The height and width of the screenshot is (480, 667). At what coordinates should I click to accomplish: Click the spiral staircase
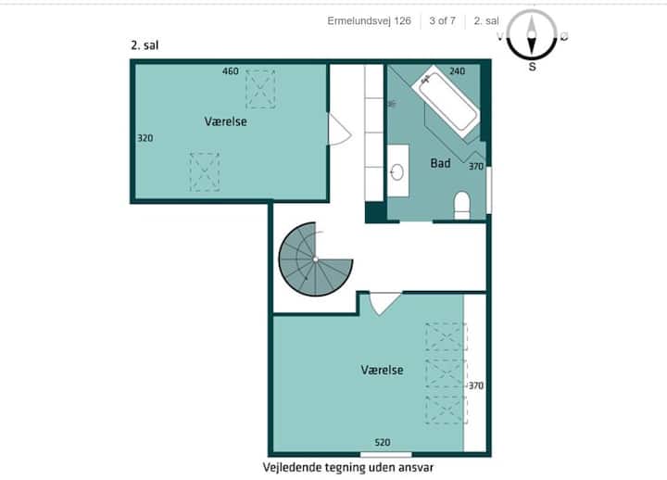coord(315,259)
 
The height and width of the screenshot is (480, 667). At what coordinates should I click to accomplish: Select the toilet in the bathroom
coord(462,205)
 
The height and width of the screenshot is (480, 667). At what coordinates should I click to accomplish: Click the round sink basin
coord(396,172)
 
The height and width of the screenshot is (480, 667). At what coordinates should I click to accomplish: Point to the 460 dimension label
coord(231,71)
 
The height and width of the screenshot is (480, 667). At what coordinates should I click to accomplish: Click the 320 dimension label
coord(145,138)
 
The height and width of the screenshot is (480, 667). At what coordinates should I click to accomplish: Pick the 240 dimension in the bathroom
coord(458,71)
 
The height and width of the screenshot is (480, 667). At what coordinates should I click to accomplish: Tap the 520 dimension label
coord(383,443)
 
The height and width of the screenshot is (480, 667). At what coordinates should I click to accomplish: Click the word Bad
coord(440,163)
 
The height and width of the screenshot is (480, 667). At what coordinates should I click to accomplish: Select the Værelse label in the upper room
coord(225,121)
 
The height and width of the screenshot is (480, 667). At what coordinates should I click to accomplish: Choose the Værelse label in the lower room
coord(382,370)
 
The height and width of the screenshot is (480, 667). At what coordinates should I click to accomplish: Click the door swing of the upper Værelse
coord(339,130)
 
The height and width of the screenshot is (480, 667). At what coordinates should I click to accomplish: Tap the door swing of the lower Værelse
coord(385,303)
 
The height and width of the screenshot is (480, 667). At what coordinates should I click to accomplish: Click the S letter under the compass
coord(532,67)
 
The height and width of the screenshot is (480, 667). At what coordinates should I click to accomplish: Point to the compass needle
coord(532,35)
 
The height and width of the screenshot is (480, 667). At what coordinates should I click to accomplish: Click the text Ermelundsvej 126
coord(370,21)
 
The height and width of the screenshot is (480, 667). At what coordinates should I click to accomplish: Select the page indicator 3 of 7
coord(443,21)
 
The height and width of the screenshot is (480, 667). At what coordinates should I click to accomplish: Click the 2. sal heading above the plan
coord(145,45)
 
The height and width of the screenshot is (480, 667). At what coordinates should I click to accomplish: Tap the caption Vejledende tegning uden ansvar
coord(348,467)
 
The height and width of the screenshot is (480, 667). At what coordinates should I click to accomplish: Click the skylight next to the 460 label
coord(260,89)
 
